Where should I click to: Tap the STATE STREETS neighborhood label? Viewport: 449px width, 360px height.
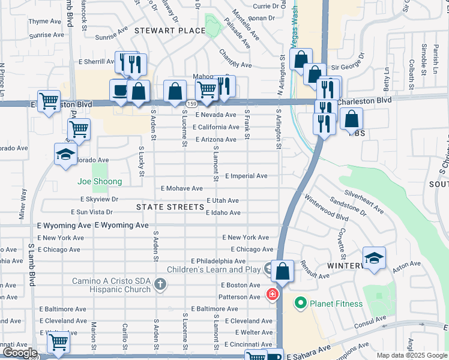point(170,207)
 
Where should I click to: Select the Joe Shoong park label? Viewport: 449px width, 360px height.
point(100,181)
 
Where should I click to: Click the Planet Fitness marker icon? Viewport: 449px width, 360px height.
point(300,304)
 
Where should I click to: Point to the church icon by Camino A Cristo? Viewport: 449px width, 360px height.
point(160,284)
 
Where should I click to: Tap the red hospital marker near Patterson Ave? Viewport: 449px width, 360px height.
point(272,295)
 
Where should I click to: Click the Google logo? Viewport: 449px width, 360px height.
point(19,353)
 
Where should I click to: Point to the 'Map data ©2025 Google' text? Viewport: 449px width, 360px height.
point(412,355)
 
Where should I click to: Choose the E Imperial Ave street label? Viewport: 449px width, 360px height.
point(246,176)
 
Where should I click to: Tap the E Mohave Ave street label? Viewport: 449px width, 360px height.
point(181,188)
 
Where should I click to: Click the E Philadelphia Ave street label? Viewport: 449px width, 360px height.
point(218,261)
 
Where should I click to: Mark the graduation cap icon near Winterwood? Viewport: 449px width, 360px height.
point(374,257)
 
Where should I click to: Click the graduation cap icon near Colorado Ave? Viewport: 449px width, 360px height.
point(65,154)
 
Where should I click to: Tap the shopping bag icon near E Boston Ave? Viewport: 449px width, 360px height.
point(282,271)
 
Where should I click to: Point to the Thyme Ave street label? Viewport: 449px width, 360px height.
point(45,21)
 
